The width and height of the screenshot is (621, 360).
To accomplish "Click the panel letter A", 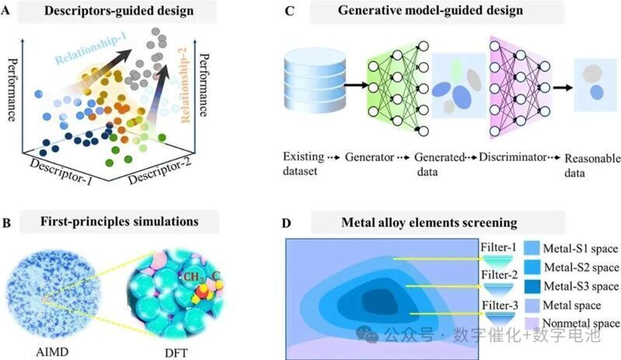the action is [6, 11].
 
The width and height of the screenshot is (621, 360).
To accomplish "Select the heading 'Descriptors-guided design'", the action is [119, 11].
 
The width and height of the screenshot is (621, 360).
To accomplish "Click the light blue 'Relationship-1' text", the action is [91, 47].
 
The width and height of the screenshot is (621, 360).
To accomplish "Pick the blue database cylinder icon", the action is [315, 81].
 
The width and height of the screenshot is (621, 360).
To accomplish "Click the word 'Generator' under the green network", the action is [369, 157].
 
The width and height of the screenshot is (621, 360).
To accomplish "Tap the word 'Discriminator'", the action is [512, 157].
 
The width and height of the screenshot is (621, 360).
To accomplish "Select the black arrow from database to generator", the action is [356, 84].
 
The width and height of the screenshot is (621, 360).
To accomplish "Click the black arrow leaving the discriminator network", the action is [563, 87].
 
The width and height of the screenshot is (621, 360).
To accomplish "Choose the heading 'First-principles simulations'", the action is [119, 221].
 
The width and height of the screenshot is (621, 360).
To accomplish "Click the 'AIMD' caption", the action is [52, 351].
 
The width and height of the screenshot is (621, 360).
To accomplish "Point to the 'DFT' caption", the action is [176, 352].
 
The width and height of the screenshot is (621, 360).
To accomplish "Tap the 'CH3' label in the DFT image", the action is [194, 278].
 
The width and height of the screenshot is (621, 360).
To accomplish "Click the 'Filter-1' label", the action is [499, 247].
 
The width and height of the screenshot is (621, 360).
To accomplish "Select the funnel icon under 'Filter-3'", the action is [500, 320].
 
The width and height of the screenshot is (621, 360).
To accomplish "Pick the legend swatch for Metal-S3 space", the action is [532, 286].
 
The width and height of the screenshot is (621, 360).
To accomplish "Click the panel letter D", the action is [286, 223].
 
